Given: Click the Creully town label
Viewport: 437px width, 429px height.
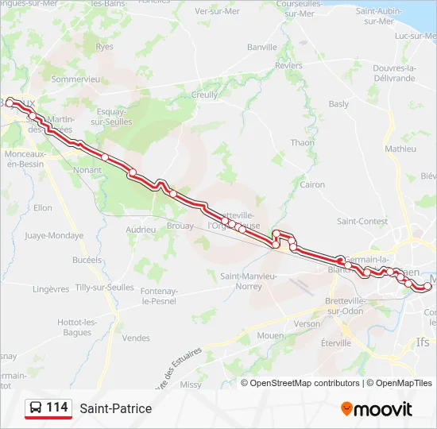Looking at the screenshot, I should (205, 95).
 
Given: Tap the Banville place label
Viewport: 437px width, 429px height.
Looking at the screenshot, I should (261, 48).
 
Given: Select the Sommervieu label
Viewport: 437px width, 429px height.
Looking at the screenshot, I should (75, 79).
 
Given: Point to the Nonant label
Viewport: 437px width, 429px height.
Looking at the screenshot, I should (87, 170).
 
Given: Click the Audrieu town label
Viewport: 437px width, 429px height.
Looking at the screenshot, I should (141, 230).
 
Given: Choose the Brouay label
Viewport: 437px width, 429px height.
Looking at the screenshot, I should (181, 226).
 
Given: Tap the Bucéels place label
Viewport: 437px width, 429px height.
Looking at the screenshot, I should (87, 260).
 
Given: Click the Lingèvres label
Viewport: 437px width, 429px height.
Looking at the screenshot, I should (52, 289).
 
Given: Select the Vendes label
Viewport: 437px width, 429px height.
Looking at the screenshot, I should (136, 338).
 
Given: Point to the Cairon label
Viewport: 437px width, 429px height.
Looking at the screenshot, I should (312, 184).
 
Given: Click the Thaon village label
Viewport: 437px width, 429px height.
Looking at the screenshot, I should (302, 143).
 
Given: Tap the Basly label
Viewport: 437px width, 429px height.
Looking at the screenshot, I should (338, 104).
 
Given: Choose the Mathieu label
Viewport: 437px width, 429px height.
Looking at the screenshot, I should (400, 149).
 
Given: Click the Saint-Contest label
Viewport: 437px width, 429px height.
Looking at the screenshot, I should (362, 221).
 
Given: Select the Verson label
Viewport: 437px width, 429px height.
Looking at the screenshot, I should (307, 324).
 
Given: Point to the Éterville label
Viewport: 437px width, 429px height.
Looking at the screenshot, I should (335, 343).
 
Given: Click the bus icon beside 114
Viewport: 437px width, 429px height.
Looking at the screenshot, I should (36, 408).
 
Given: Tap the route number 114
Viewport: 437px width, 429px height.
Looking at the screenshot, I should (56, 408).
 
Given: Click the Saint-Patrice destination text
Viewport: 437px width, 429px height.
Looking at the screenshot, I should (115, 408).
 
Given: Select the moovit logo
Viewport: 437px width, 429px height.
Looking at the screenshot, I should (377, 409).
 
